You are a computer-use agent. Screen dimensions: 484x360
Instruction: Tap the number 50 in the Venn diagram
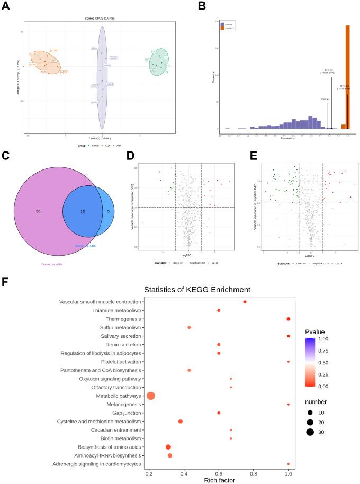coord(38,211)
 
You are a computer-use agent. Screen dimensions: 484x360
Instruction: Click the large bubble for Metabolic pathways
coord(151,396)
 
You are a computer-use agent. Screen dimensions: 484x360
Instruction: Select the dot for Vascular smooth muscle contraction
coord(245,301)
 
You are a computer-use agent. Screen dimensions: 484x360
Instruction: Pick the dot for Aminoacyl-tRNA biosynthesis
coord(170,455)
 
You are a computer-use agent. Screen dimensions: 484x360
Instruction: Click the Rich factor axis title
coord(219,480)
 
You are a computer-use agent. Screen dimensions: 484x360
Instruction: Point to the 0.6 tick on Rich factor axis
coord(219,471)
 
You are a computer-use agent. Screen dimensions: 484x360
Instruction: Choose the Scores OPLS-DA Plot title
coord(100,19)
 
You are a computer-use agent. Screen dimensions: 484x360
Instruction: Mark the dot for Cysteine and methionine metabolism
coord(181,421)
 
